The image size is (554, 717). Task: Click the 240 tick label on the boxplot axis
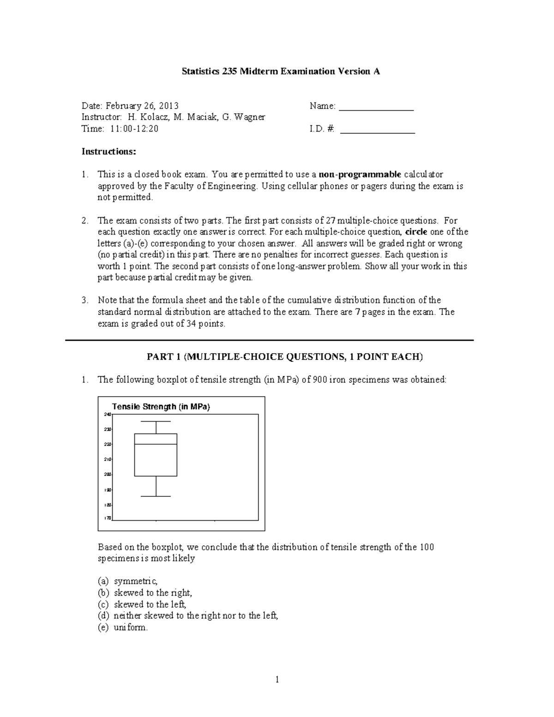(x=108, y=415)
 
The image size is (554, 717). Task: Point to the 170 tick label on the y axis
(x=108, y=518)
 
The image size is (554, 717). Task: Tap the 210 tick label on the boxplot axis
(x=108, y=459)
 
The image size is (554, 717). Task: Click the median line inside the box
(x=156, y=444)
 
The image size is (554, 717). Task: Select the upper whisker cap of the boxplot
(x=156, y=422)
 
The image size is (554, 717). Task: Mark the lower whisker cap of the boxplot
(x=156, y=496)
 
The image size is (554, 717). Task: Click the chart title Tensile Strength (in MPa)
(x=161, y=407)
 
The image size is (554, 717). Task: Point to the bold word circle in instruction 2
(x=415, y=232)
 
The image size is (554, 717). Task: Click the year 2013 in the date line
(x=169, y=106)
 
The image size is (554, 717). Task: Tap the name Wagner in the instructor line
(x=249, y=117)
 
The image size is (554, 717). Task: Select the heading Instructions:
(x=109, y=152)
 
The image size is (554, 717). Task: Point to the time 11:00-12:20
(x=134, y=129)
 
